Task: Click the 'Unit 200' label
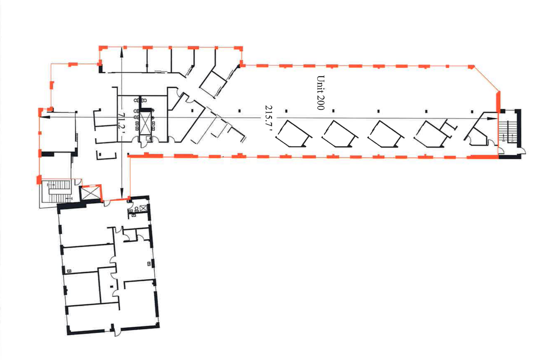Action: click(x=321, y=93)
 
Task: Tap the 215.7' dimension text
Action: click(x=269, y=118)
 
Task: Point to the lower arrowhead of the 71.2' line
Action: click(x=122, y=192)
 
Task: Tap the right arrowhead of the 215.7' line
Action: click(x=492, y=119)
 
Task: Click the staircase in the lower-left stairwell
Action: click(x=57, y=192)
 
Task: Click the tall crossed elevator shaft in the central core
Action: click(x=145, y=123)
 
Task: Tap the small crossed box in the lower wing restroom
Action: click(x=144, y=208)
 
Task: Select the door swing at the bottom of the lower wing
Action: click(x=118, y=332)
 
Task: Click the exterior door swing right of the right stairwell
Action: click(x=523, y=151)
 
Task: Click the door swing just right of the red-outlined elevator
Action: click(x=107, y=203)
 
